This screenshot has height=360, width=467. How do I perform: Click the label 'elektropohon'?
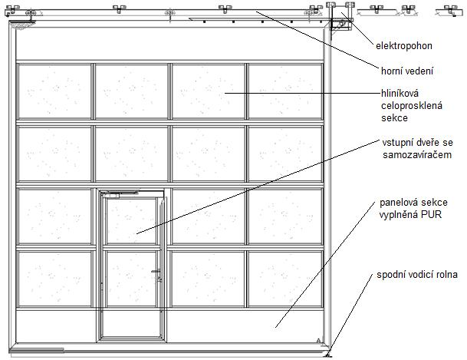[x=404, y=46]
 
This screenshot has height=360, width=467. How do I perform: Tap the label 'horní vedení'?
[x=407, y=71]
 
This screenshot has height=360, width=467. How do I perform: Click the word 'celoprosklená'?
[x=412, y=106]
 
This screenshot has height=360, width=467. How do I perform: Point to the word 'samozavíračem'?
[x=417, y=155]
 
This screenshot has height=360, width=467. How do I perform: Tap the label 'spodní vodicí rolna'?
[x=417, y=275]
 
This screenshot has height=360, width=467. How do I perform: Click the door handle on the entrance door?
[x=156, y=271]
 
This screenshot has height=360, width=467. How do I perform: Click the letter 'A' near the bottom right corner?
[x=319, y=341]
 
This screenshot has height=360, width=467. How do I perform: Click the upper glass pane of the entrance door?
[x=131, y=220]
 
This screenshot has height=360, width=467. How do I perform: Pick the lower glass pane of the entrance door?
[x=131, y=279]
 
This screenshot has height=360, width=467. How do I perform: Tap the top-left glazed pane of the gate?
[x=54, y=91]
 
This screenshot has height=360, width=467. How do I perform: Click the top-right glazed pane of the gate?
[x=285, y=91]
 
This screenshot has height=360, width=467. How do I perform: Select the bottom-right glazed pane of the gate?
[x=285, y=279]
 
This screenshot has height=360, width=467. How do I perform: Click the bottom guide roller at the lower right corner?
[x=328, y=355]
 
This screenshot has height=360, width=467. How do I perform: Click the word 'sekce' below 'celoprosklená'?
[x=394, y=118]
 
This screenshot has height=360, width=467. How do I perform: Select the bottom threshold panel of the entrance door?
[x=132, y=324]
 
